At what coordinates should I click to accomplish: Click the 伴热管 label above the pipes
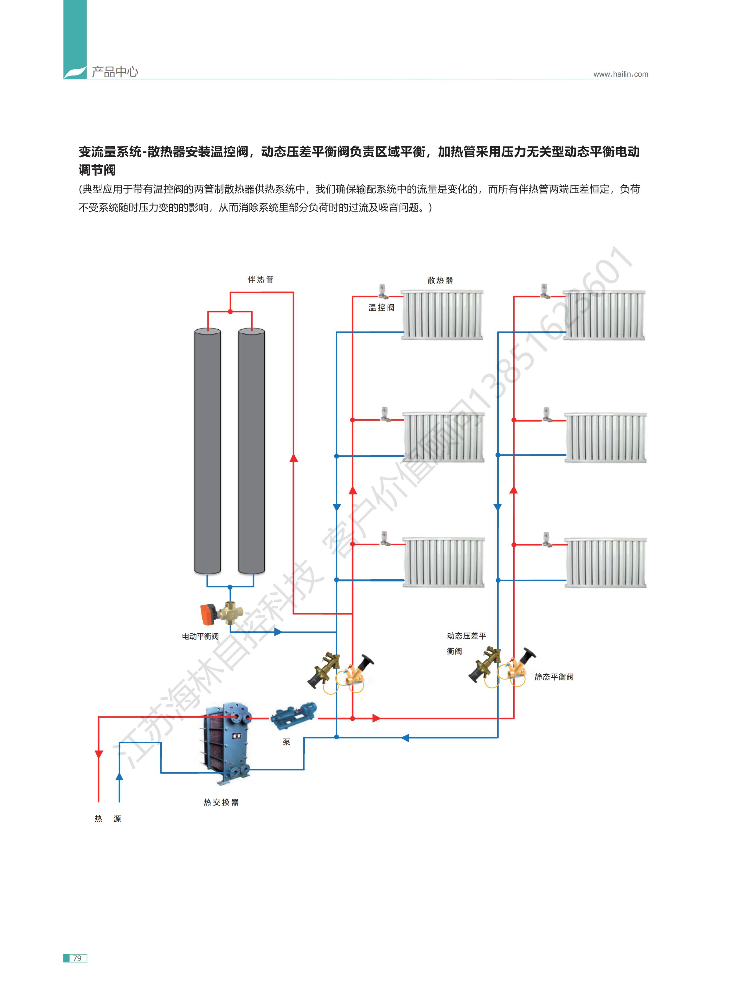click(260, 280)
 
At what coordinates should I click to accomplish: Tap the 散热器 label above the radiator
click(440, 281)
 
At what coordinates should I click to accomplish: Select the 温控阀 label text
click(381, 308)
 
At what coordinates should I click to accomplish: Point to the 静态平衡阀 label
click(554, 677)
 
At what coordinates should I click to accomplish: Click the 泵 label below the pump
click(286, 742)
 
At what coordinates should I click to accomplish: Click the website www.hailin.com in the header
click(620, 74)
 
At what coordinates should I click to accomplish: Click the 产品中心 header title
click(115, 72)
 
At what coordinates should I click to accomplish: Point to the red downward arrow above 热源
click(99, 754)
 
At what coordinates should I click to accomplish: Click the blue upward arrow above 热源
click(119, 776)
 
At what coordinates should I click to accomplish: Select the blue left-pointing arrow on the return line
click(405, 738)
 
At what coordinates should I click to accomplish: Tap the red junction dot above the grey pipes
click(230, 311)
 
